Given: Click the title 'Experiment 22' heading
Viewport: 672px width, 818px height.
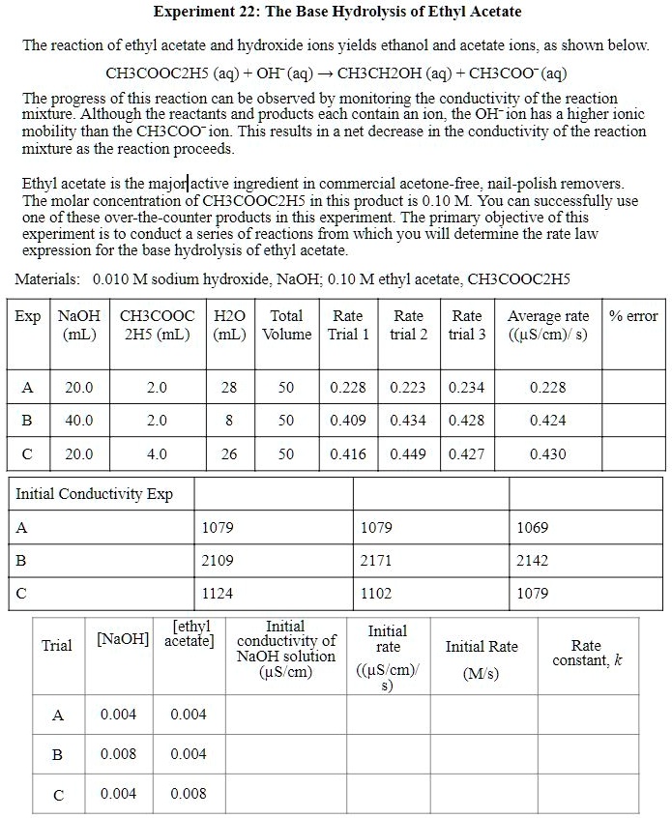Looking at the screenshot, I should pos(336,12).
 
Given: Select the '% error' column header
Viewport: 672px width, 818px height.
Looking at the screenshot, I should pos(633,315).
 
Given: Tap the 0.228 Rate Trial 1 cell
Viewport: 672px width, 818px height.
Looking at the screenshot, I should pos(347,388).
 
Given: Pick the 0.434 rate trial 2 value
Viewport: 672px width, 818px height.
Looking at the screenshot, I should pos(408,421).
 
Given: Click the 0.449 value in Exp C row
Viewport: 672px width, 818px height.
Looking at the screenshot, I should pos(408,453).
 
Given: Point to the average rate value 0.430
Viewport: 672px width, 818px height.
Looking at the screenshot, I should pos(548,453).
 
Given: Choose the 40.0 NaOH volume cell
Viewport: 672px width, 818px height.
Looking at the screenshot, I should pos(79,421).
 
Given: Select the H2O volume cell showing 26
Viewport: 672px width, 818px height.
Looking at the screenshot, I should pos(228,453).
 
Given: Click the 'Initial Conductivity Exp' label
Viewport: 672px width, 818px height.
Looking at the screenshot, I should pos(95,494).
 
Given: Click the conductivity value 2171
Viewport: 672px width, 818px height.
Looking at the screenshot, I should pos(376,560).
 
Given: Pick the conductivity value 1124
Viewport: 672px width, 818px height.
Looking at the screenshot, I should pos(218,593).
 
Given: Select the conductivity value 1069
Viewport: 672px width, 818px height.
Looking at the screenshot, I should pos(533,527).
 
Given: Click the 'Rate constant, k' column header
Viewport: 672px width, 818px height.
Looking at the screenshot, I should pos(587,653).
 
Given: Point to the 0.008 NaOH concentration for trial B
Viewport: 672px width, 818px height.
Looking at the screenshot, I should pos(119,754).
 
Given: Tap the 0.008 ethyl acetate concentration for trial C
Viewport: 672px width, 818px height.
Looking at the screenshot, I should pos(189,794).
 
